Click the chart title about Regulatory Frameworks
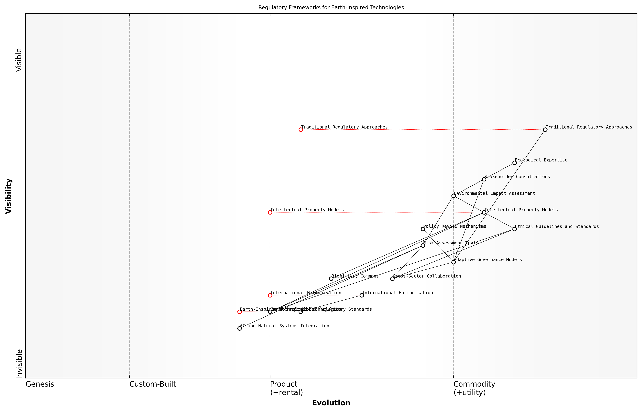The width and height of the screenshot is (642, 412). [x=331, y=8]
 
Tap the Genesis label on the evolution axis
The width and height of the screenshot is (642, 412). [x=40, y=384]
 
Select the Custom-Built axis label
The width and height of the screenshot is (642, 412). [x=153, y=384]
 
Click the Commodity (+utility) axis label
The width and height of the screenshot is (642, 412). [x=474, y=388]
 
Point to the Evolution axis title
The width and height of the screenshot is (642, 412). [x=331, y=403]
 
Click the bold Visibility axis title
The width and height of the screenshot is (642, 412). [x=9, y=196]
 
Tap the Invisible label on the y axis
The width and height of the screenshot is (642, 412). [x=19, y=364]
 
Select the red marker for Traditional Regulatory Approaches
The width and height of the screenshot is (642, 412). [x=301, y=130]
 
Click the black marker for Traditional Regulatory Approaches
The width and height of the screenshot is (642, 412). [x=545, y=130]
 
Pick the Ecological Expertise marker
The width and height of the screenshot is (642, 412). [x=514, y=163]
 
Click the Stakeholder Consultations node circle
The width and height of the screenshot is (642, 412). [x=484, y=179]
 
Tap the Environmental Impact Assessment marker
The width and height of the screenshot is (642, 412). [x=453, y=196]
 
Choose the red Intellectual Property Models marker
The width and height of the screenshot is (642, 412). [x=270, y=212]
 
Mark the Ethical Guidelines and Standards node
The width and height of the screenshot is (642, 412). [x=514, y=229]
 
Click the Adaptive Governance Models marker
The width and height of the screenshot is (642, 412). [x=453, y=262]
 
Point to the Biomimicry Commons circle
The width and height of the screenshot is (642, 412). [x=331, y=279]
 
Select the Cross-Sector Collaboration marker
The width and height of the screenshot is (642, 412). [x=392, y=279]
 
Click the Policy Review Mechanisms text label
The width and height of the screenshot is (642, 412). [x=454, y=226]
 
